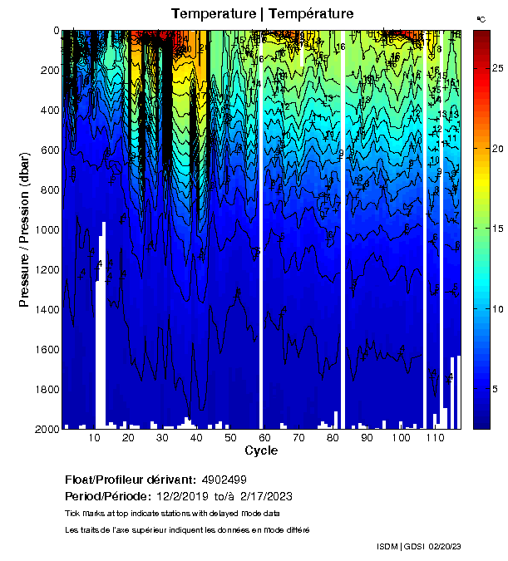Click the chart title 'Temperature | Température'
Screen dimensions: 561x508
point(263,13)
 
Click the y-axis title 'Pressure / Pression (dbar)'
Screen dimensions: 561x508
point(24,229)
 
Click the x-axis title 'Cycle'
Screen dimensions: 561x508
point(261,450)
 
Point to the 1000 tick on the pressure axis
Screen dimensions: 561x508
point(45,229)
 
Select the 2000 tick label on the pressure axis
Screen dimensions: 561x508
point(45,429)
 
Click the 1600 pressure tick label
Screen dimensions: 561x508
point(45,349)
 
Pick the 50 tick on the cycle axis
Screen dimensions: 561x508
point(230,437)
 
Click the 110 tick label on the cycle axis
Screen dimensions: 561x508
point(434,437)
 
